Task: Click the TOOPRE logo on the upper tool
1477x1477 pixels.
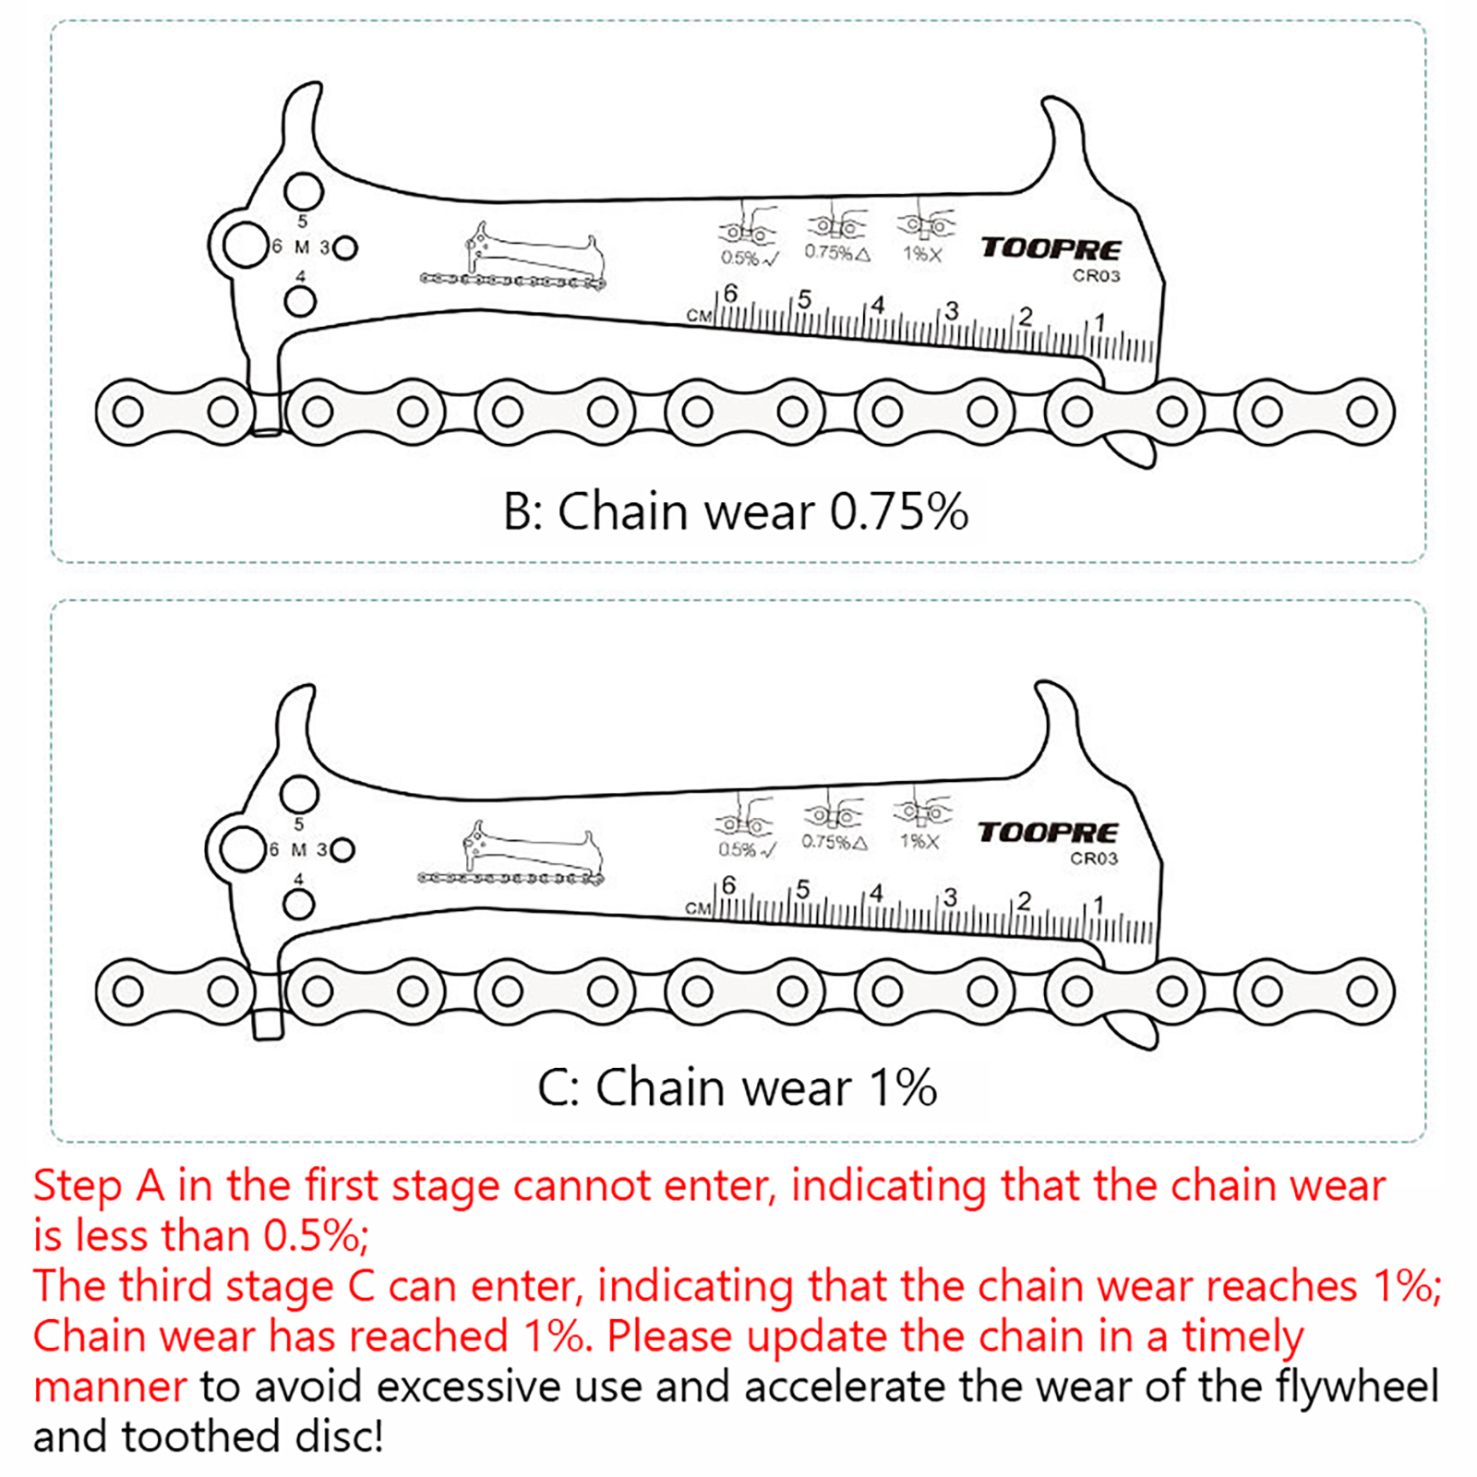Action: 1051,248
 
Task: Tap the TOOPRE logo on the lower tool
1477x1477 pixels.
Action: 1048,833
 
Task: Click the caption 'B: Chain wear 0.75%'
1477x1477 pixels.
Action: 735,511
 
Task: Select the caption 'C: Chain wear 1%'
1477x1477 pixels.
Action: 737,1087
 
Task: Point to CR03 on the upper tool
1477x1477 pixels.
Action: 1096,276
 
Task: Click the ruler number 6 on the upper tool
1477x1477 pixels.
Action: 731,294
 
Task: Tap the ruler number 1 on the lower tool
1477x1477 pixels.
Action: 1098,904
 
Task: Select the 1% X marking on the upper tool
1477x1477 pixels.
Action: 921,254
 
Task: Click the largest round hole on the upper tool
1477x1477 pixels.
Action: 245,245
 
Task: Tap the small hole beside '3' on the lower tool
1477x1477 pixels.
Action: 342,849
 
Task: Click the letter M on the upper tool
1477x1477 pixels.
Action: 302,247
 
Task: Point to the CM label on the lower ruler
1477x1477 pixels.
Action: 698,908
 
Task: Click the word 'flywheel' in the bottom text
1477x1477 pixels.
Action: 1357,1386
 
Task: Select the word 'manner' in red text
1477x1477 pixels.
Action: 110,1387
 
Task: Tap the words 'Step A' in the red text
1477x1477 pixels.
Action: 99,1186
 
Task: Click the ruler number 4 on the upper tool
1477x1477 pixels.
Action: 878,304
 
